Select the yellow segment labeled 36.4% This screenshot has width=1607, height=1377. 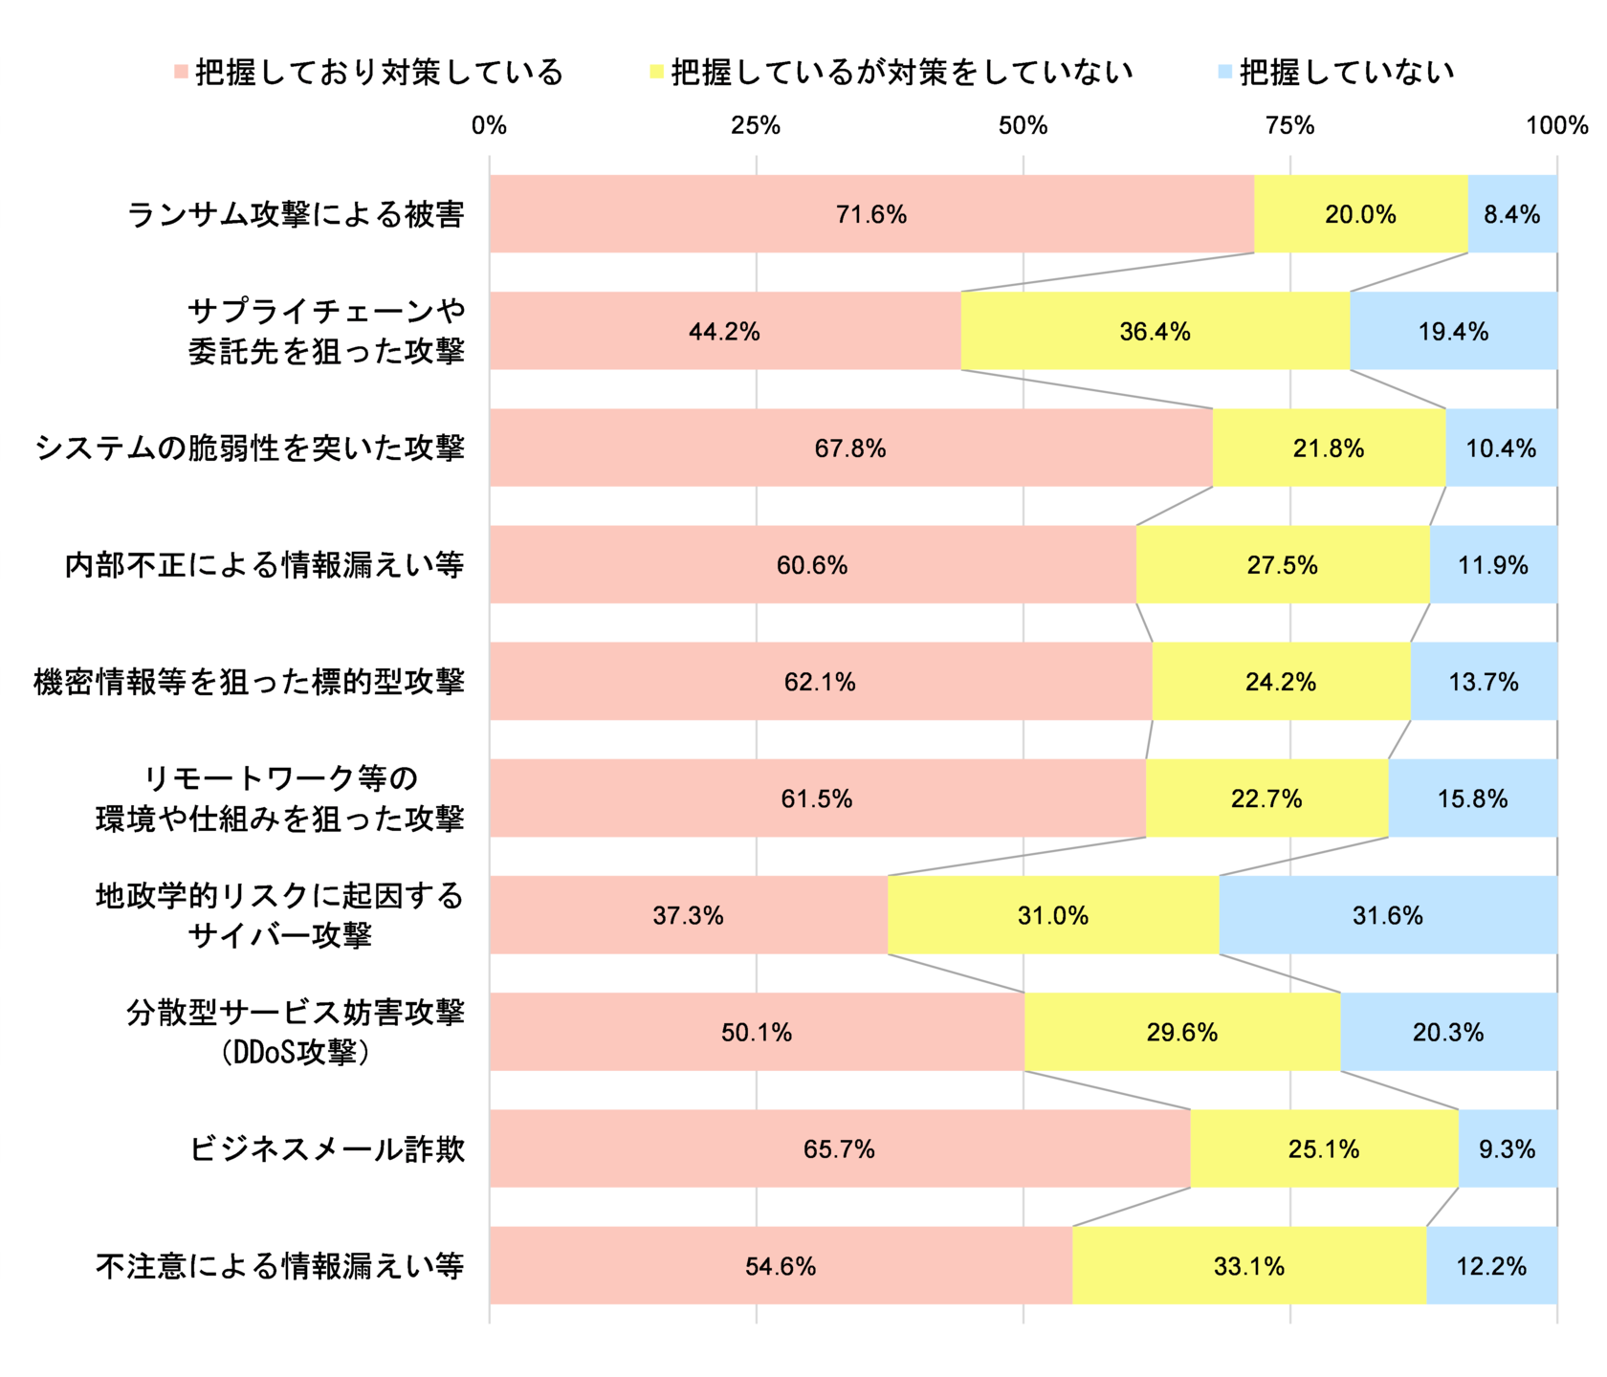[x=1155, y=331]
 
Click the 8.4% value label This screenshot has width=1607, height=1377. [x=1511, y=215]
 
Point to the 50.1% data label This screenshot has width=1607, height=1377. [x=757, y=1033]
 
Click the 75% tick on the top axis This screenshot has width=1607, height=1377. [x=1289, y=125]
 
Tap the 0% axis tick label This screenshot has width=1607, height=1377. [x=489, y=125]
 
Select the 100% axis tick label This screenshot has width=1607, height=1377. [x=1556, y=125]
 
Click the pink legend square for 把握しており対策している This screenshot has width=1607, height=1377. [x=181, y=73]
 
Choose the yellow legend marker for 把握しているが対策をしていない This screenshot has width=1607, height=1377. [x=656, y=73]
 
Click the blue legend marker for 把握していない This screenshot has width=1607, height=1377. [x=1224, y=73]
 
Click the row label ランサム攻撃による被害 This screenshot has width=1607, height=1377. [x=296, y=214]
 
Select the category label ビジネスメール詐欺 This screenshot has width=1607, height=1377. [x=327, y=1148]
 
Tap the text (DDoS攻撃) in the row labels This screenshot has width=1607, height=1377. [x=296, y=1053]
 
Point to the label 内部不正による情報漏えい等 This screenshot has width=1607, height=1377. [x=264, y=565]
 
